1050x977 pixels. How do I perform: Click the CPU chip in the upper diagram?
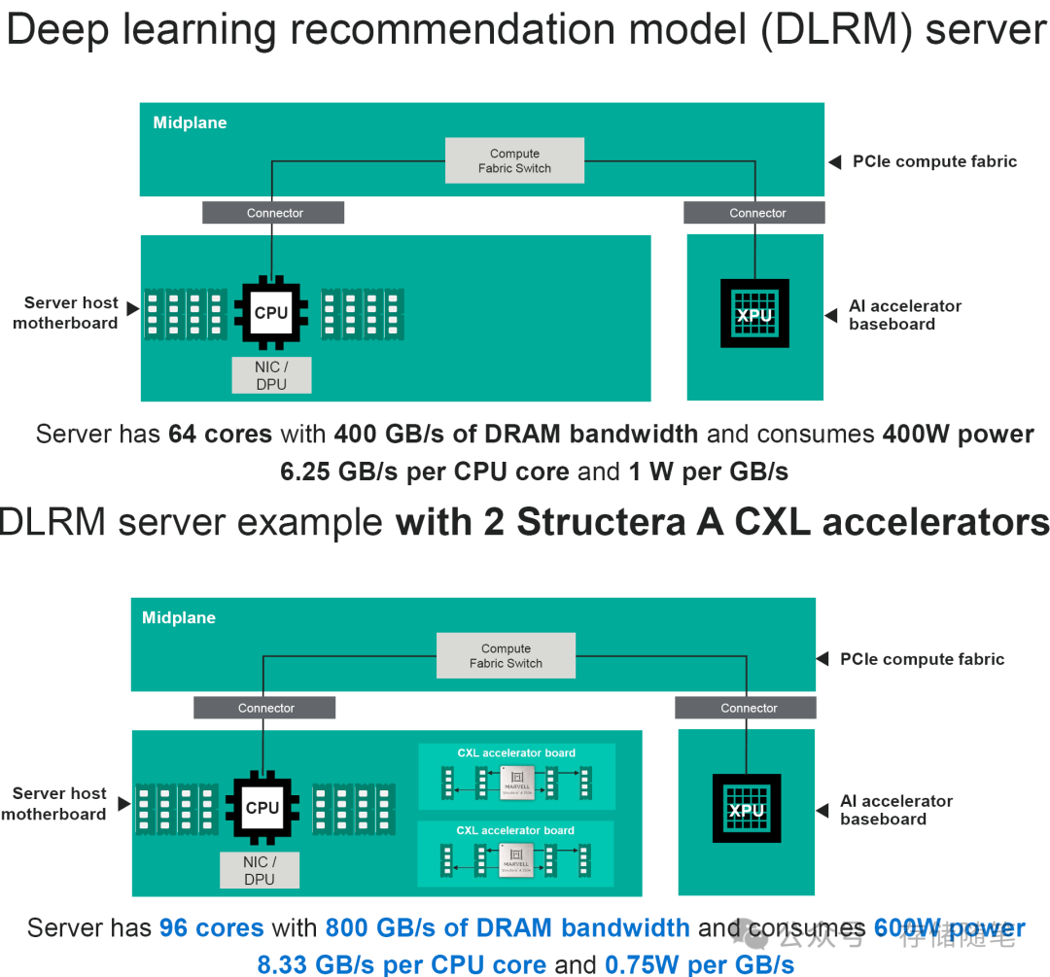click(x=271, y=313)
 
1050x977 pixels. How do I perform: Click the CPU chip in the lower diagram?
click(x=262, y=808)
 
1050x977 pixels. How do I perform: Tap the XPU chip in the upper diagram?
click(x=754, y=314)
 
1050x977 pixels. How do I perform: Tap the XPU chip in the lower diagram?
click(x=747, y=809)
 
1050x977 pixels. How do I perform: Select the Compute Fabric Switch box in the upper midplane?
click(x=514, y=160)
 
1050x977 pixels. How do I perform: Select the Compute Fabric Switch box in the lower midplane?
click(x=506, y=655)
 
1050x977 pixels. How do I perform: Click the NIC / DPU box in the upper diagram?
click(x=271, y=375)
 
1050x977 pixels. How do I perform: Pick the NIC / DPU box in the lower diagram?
click(x=260, y=870)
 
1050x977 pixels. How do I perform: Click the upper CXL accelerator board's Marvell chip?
click(x=516, y=781)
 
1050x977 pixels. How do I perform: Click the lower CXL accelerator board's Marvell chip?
click(x=516, y=858)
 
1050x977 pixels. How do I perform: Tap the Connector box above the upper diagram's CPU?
click(x=274, y=213)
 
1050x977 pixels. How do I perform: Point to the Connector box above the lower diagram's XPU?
click(x=749, y=708)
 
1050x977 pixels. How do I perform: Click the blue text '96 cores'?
click(x=211, y=928)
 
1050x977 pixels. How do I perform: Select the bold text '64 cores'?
click(x=220, y=434)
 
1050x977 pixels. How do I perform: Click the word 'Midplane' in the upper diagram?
click(x=190, y=122)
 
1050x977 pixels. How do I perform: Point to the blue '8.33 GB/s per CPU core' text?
click(x=402, y=964)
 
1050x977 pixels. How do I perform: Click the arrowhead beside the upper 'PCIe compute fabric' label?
click(x=835, y=162)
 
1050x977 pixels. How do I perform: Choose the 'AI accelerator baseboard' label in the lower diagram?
click(x=895, y=810)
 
